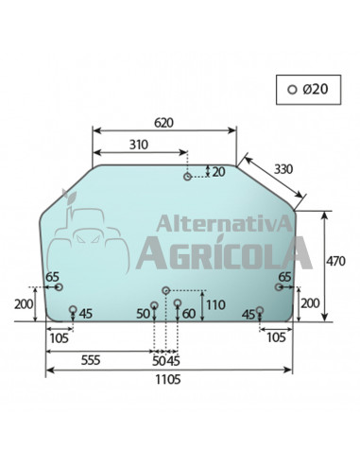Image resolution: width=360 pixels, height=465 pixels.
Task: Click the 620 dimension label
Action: (x=163, y=122)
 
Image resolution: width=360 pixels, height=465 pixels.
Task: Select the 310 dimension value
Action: (x=138, y=144)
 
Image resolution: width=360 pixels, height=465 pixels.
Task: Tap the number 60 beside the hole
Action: (x=189, y=313)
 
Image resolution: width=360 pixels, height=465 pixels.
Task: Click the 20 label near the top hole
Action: (x=219, y=171)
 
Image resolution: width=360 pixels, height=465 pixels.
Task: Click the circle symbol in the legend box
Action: (x=293, y=89)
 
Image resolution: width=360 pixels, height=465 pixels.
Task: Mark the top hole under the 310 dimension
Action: (x=188, y=177)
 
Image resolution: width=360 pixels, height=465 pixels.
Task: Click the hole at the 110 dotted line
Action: (x=166, y=290)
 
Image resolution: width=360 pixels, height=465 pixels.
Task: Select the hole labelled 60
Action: (x=177, y=302)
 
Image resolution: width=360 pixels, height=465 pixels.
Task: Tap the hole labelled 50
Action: (x=154, y=304)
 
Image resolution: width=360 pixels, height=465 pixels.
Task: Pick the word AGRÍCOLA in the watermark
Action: (x=223, y=252)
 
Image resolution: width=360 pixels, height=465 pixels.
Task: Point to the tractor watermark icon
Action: (x=91, y=236)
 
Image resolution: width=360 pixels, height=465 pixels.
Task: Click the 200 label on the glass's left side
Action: (x=25, y=304)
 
